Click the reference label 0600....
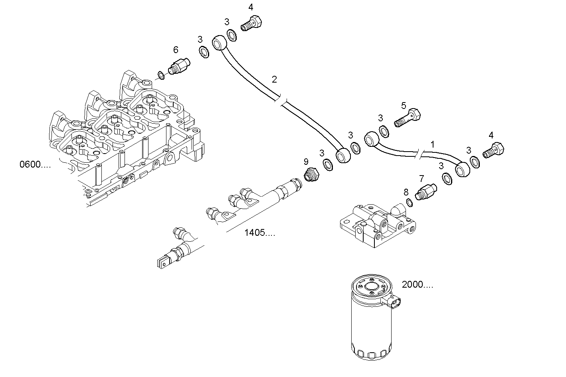pyautogui.click(x=35, y=164)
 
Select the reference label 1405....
pyautogui.click(x=259, y=233)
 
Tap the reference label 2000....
pyautogui.click(x=417, y=285)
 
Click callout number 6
pyautogui.click(x=176, y=50)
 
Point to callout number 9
pyautogui.click(x=306, y=162)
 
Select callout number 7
pyautogui.click(x=421, y=178)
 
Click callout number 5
pyautogui.click(x=404, y=106)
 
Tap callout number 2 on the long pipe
pyautogui.click(x=274, y=79)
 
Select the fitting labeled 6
pyautogui.click(x=180, y=65)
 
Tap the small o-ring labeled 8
pyautogui.click(x=409, y=203)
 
